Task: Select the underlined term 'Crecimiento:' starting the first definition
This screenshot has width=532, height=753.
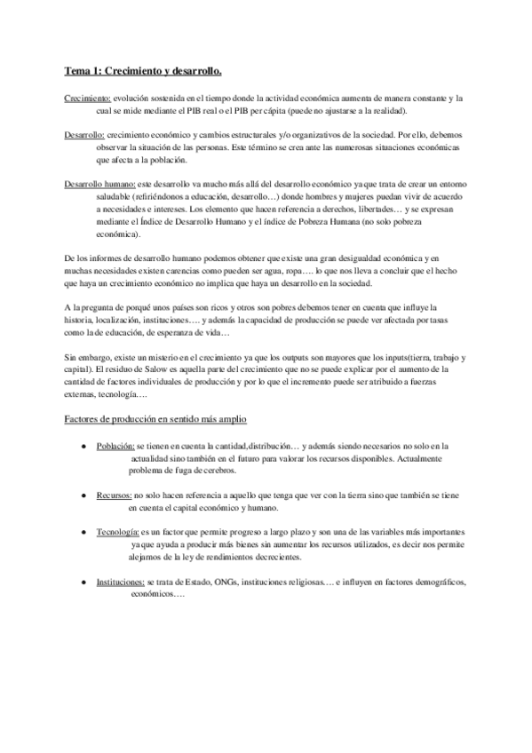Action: [x=87, y=98]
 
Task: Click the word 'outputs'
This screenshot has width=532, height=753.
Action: [x=293, y=355]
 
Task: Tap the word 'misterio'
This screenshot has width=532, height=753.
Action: [x=143, y=355]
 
